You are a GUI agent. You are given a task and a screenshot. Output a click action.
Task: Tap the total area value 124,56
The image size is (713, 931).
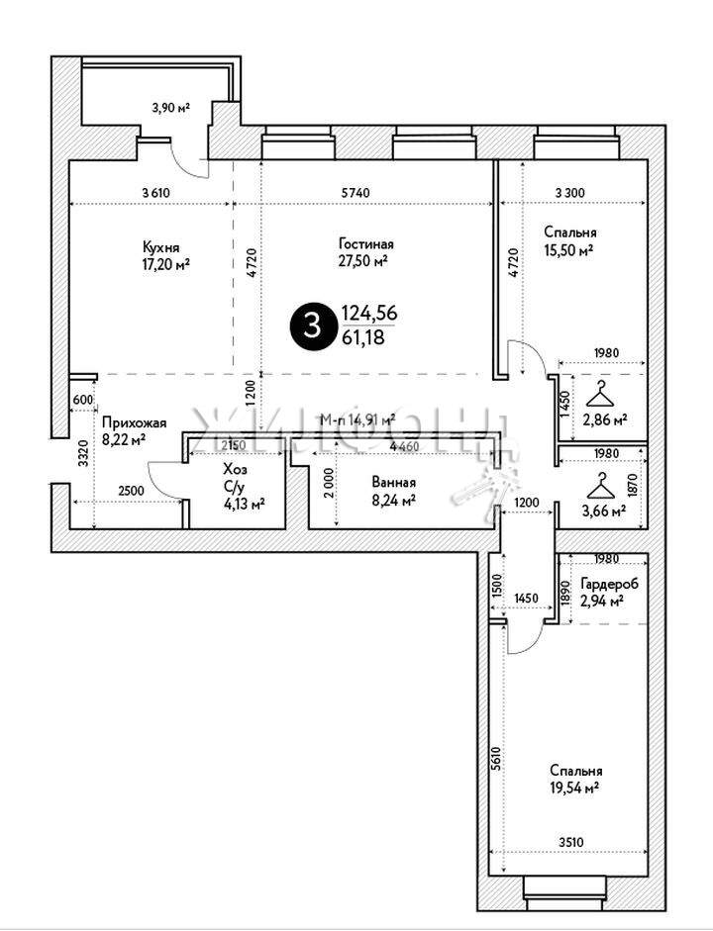coord(369,313)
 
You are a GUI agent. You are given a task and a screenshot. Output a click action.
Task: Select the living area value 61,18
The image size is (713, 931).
coord(362,337)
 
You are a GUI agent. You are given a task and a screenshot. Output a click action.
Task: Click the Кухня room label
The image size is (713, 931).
coord(159,247)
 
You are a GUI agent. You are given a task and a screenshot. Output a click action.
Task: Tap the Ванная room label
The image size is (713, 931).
coord(393,483)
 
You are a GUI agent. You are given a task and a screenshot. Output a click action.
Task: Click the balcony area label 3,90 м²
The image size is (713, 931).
coord(169,108)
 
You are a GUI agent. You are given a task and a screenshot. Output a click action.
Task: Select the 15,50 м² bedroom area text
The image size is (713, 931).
coord(568,251)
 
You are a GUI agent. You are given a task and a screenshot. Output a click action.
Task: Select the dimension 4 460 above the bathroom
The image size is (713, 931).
coord(403,447)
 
